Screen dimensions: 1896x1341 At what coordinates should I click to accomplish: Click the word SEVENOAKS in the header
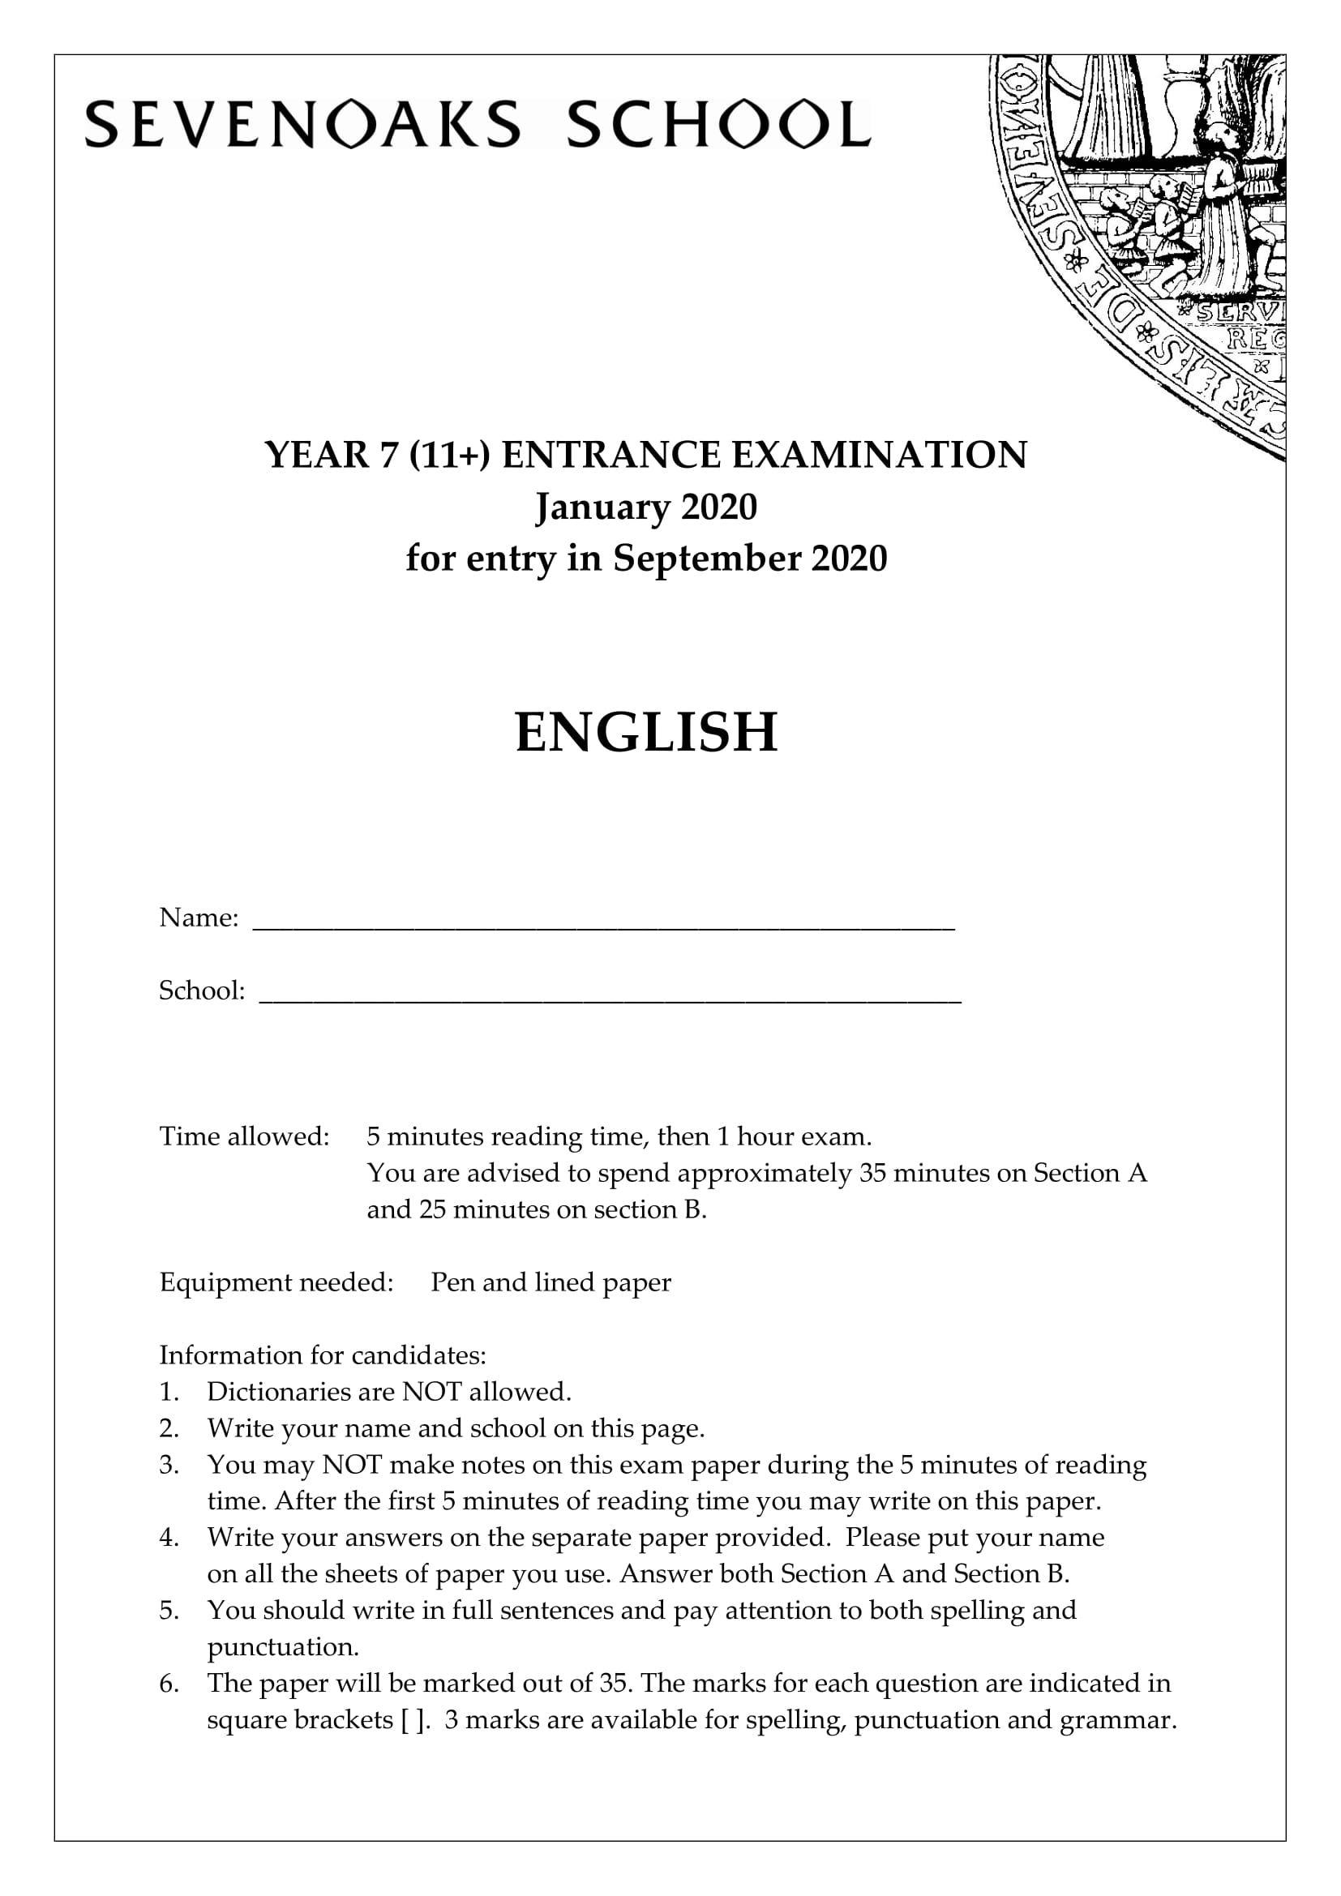[x=302, y=125]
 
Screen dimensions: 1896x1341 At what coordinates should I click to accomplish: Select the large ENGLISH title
[x=646, y=733]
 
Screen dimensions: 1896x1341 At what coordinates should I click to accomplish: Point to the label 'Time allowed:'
[x=244, y=1136]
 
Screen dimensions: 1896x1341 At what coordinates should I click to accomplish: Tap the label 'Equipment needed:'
[x=276, y=1282]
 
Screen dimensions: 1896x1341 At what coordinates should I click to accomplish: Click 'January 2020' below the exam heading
[x=645, y=506]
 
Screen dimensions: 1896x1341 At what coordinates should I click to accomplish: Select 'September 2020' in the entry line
[x=749, y=559]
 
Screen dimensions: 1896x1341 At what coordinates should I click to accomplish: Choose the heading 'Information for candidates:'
[x=323, y=1355]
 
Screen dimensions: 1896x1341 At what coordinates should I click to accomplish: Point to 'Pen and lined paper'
[x=551, y=1282]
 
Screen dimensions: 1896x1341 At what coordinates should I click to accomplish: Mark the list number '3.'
[x=169, y=1465]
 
